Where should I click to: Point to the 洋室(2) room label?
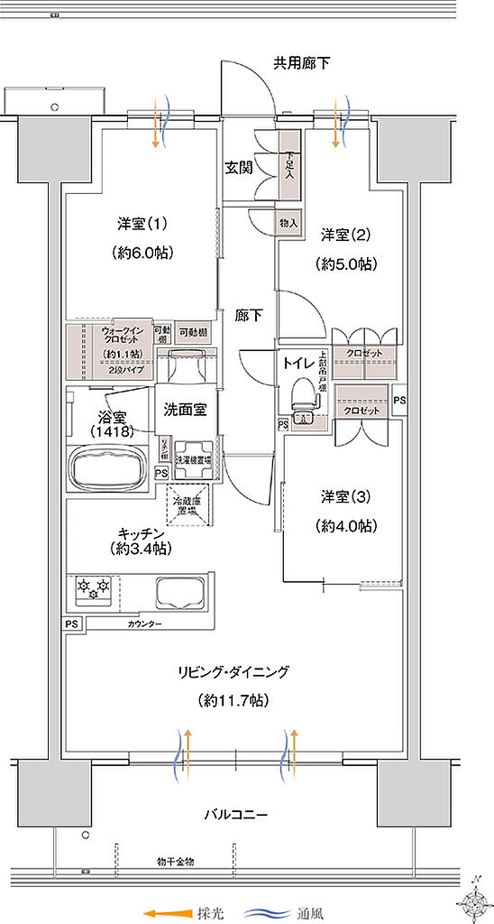(x=347, y=236)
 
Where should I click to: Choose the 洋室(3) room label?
(x=347, y=497)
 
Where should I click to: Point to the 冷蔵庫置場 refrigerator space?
(x=189, y=504)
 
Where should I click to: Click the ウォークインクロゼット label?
(x=118, y=337)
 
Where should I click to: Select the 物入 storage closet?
(x=288, y=222)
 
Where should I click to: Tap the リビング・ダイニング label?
(x=233, y=671)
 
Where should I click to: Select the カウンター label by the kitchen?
(x=144, y=624)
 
